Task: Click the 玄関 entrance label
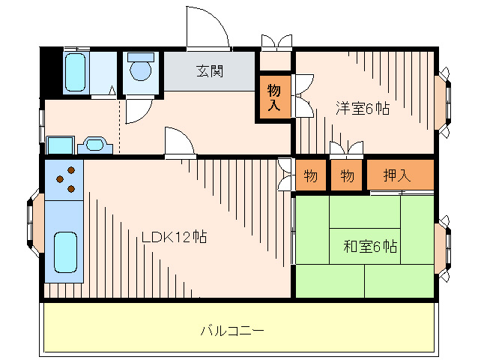(x=211, y=72)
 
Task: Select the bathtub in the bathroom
(x=75, y=73)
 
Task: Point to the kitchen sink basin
(x=66, y=253)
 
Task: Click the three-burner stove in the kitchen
(x=66, y=178)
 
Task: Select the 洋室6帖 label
(x=362, y=107)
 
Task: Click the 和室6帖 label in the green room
(x=370, y=246)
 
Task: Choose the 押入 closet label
(x=398, y=176)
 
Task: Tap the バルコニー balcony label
(x=232, y=330)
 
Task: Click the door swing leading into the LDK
(x=178, y=142)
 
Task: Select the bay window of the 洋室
(x=444, y=103)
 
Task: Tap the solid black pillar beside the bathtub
(x=50, y=72)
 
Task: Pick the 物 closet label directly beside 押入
(x=347, y=176)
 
